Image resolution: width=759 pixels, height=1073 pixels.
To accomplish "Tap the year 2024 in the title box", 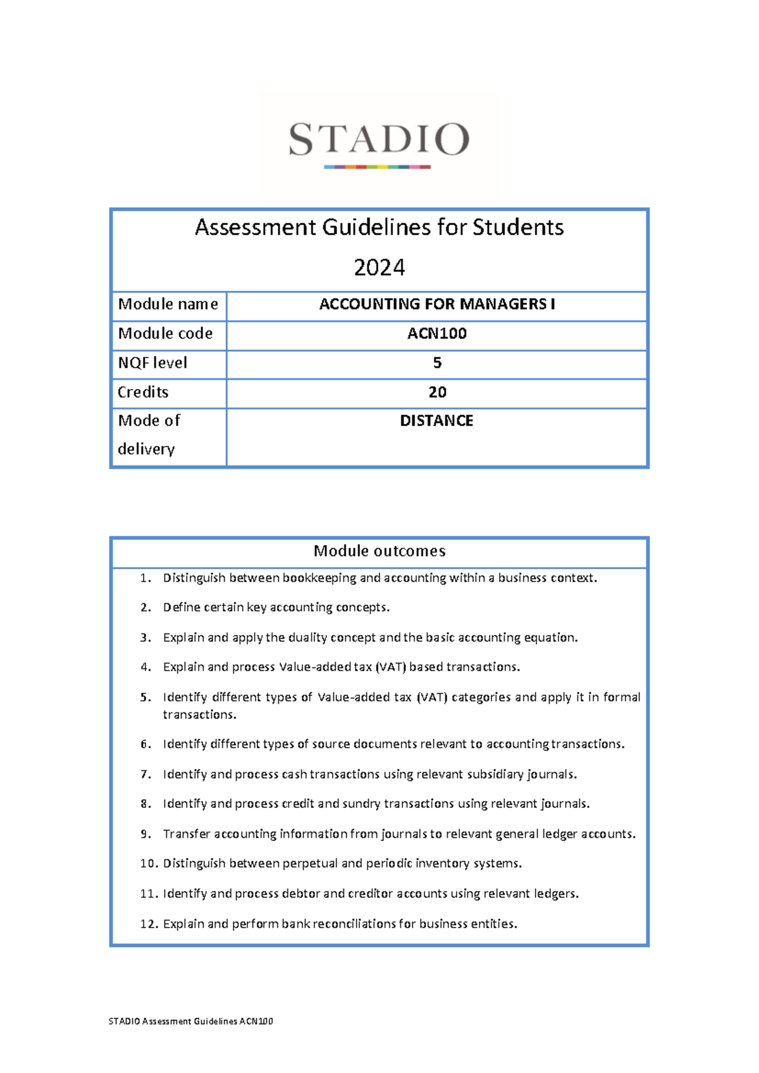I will click(379, 268).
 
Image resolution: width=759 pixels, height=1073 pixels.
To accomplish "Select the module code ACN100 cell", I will click(436, 333).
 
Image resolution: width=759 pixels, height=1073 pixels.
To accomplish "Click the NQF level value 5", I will click(437, 363).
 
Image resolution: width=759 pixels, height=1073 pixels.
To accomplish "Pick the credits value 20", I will click(437, 392).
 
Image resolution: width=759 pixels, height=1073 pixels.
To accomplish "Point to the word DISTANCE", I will click(436, 421).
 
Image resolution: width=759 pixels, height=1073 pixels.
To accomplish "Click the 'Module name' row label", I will click(168, 304).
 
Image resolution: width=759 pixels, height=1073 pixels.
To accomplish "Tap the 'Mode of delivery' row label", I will click(149, 435).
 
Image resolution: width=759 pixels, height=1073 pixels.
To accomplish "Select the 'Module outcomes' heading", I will click(379, 551).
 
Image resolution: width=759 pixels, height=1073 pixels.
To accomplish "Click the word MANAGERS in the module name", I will click(503, 304).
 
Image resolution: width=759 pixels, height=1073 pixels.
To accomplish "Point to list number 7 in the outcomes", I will click(145, 774).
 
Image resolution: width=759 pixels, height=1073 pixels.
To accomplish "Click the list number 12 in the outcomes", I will click(149, 924).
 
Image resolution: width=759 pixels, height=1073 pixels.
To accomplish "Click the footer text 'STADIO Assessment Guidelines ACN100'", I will click(190, 1021).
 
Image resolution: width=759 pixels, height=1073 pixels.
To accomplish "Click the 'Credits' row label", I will click(143, 392).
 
